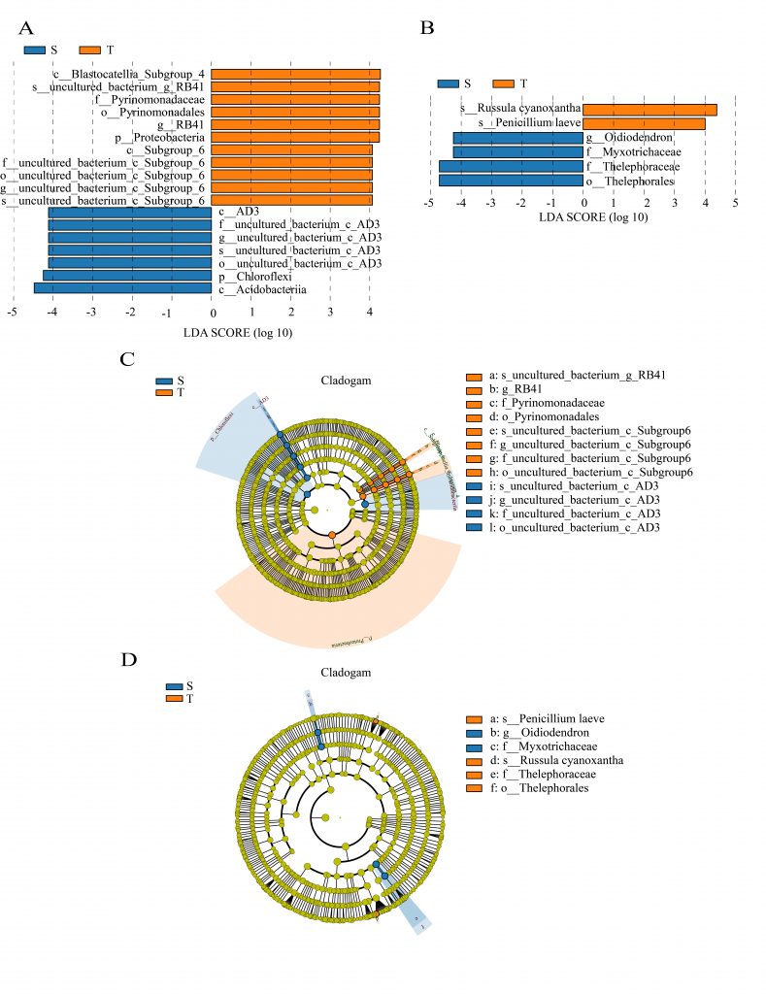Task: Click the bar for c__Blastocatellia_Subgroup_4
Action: point(295,74)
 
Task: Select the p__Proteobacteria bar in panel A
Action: point(295,137)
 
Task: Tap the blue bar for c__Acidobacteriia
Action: point(122,288)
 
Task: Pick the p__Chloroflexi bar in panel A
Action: point(127,276)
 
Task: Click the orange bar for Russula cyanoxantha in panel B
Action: point(649,110)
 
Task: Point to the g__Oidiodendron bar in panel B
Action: point(517,138)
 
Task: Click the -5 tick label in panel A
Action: point(12,314)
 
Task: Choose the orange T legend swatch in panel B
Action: point(504,83)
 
